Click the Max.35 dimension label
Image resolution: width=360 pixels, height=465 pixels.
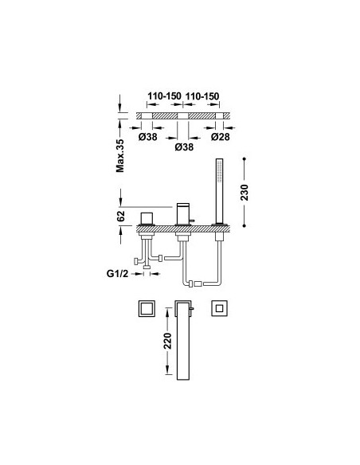120,156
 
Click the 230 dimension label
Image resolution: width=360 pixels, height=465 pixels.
245,193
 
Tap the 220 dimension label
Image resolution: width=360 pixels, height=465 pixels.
168,341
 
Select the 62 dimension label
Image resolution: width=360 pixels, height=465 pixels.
121,217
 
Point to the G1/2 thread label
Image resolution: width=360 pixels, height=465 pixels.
117,273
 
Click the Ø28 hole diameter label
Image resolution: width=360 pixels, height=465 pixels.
221,137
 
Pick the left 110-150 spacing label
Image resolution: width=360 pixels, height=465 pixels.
164,96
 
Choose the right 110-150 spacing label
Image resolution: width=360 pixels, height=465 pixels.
202,96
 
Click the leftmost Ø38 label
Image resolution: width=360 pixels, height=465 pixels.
147,137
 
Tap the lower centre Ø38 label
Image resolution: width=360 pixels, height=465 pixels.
184,147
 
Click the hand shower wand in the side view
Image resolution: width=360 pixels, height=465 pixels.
219,191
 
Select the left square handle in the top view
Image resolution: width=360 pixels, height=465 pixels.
147,309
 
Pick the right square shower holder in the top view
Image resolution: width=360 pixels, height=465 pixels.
220,308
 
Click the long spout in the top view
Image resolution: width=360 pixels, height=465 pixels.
183,340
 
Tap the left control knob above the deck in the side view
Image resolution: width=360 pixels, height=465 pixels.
147,218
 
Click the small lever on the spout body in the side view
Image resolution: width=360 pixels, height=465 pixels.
192,221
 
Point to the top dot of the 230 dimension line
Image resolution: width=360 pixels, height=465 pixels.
244,159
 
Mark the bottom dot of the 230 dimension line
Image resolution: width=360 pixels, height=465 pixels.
244,225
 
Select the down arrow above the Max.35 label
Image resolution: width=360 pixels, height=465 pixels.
119,103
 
